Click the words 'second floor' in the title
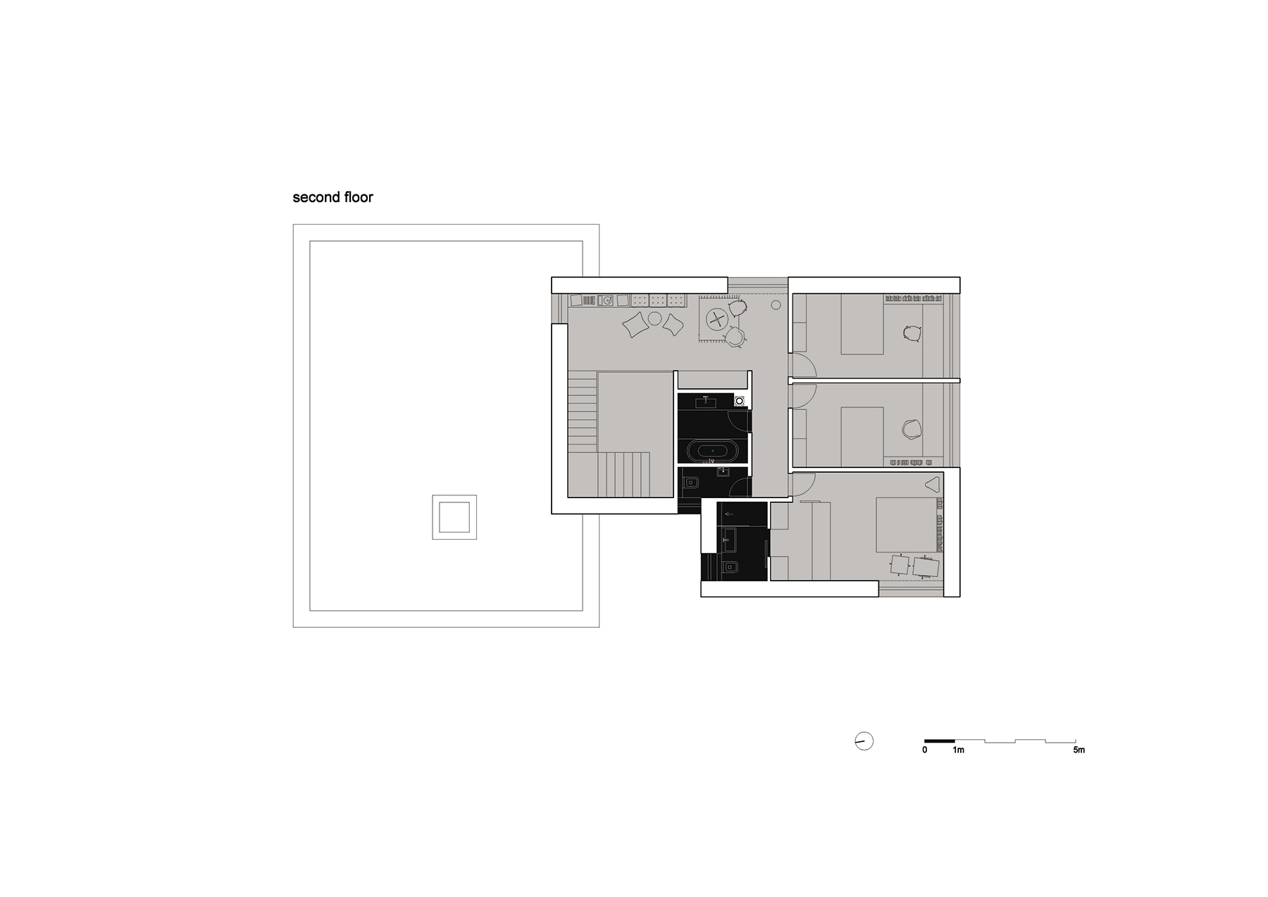point(332,197)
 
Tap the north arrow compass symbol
point(864,741)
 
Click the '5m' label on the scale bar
point(1079,750)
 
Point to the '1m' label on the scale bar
point(958,750)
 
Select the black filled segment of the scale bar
point(940,741)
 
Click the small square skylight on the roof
point(454,517)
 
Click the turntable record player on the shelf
point(606,300)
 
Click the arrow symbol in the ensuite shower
point(728,515)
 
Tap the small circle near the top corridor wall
point(776,305)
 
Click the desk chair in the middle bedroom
point(912,428)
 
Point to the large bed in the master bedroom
point(906,525)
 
